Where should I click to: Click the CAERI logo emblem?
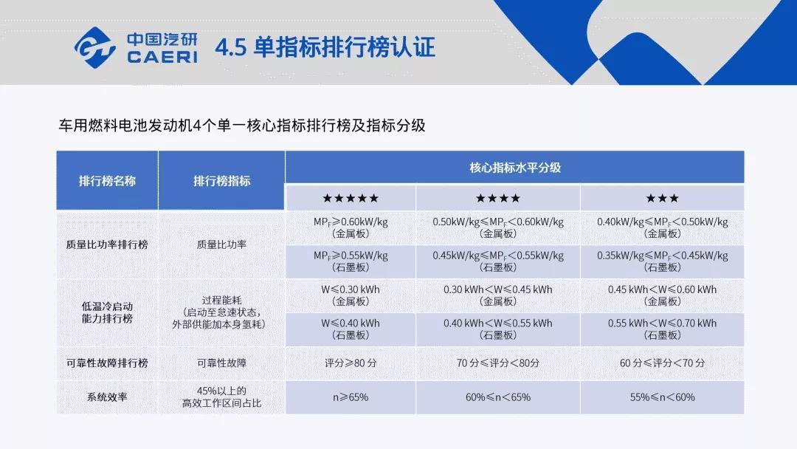tap(95, 48)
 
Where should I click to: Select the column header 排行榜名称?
tap(107, 181)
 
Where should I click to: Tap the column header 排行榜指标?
tap(221, 181)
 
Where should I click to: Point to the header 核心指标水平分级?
tap(515, 168)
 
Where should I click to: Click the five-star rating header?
tap(351, 199)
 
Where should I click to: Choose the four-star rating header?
tap(498, 199)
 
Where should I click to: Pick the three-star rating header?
tap(662, 199)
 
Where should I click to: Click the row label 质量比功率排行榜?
tap(107, 244)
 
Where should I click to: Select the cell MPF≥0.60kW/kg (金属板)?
tap(351, 227)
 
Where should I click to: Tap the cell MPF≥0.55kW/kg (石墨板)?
tap(351, 261)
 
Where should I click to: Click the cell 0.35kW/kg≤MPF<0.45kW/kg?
tap(662, 261)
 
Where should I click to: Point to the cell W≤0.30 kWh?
tap(351, 295)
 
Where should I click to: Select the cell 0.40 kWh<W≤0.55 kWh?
tap(498, 329)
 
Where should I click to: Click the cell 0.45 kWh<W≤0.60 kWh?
tap(662, 295)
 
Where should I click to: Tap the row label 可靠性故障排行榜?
tap(107, 363)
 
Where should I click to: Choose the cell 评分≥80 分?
tap(351, 363)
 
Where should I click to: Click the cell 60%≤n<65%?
tap(498, 397)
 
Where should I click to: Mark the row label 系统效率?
tap(107, 397)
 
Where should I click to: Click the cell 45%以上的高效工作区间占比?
tap(221, 397)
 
